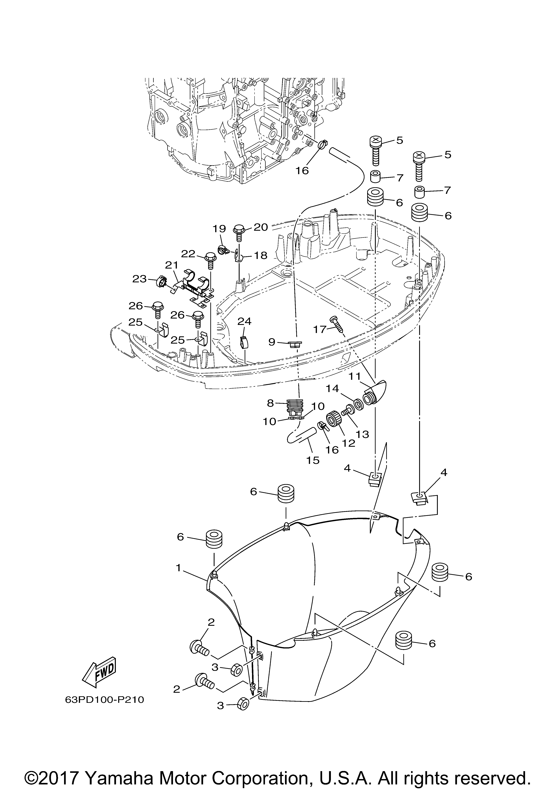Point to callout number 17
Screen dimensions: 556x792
coord(320,329)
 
